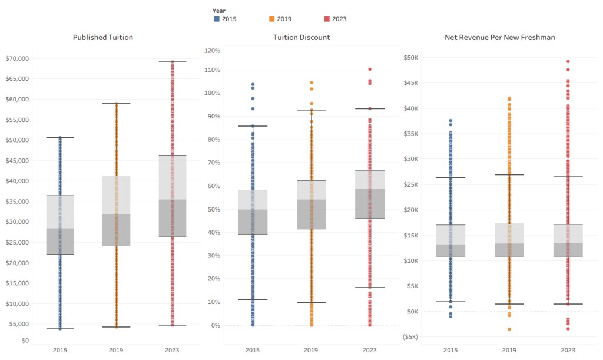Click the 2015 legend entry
224,19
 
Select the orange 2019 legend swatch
272,19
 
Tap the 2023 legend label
339,19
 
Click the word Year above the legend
219,11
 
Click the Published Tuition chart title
103,37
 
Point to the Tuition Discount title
301,37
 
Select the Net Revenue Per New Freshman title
500,37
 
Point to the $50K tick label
412,58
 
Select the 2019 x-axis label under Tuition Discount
312,350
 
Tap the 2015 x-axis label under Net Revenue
450,350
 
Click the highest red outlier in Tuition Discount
370,70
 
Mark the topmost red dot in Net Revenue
568,61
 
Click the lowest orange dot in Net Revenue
509,329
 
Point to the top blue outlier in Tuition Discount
253,85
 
